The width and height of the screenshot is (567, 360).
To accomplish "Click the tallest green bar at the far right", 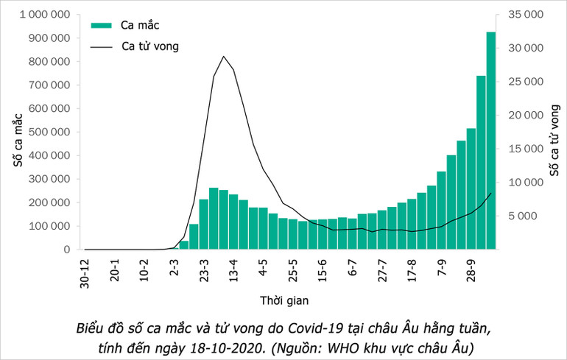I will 490,140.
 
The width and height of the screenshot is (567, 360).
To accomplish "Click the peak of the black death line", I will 224,57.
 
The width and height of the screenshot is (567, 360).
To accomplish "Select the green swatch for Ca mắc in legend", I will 101,25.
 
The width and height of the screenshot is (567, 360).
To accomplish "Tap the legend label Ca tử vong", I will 149,46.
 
